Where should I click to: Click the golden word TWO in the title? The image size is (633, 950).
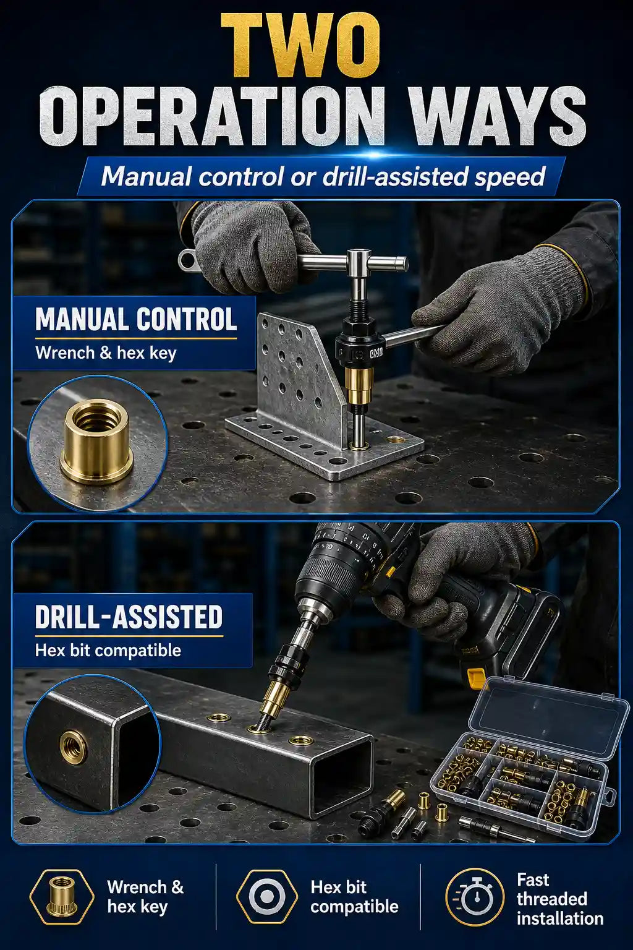click(x=300, y=45)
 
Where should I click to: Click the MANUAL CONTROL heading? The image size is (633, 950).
click(x=135, y=319)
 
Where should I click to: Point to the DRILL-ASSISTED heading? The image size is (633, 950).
click(x=129, y=617)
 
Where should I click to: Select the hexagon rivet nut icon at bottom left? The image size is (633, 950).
click(x=62, y=900)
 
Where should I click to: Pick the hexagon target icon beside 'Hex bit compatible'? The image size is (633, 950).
click(x=266, y=900)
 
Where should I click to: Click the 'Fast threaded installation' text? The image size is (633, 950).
click(x=559, y=899)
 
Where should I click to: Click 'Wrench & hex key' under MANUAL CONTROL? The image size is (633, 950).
click(x=106, y=353)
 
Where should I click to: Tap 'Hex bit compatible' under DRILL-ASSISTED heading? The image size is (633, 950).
click(x=108, y=650)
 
